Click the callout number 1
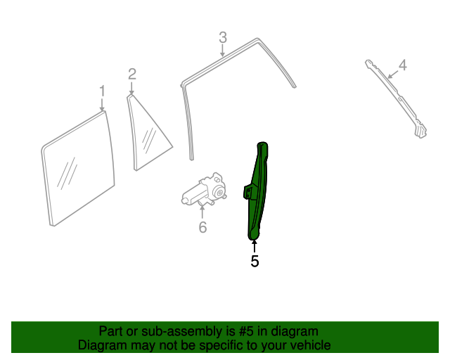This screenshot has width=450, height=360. click(103, 91)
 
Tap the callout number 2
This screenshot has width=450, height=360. click(132, 75)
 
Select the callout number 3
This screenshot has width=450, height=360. click(223, 37)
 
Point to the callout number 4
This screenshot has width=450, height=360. click(403, 65)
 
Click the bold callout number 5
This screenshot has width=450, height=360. click(255, 262)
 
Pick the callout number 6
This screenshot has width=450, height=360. click(202, 227)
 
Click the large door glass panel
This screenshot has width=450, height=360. click(78, 169)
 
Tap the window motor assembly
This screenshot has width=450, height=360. click(204, 189)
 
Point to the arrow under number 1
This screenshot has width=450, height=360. click(102, 105)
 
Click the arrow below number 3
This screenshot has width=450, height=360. click(222, 51)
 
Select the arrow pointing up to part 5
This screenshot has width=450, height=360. click(255, 247)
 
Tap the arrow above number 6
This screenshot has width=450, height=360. click(202, 212)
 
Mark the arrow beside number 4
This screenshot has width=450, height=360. click(392, 75)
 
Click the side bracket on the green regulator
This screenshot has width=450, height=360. click(248, 192)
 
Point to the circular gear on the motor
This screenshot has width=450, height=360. click(220, 193)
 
